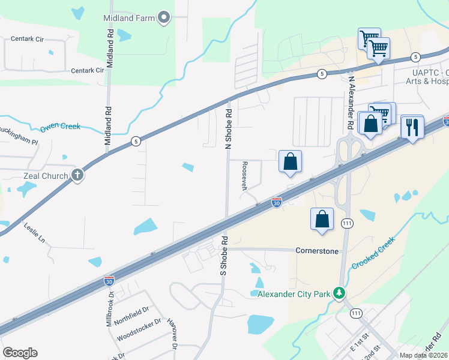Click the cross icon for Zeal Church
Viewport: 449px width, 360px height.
(77, 175)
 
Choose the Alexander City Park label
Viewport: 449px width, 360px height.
(294, 293)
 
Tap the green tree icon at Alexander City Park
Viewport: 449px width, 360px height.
(340, 293)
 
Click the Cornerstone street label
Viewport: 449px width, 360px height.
(317, 250)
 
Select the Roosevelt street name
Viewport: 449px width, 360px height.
(244, 175)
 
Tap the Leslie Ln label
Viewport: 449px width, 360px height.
(34, 230)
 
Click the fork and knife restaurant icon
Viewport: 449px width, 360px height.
(412, 127)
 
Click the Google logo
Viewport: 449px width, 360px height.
(20, 353)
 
